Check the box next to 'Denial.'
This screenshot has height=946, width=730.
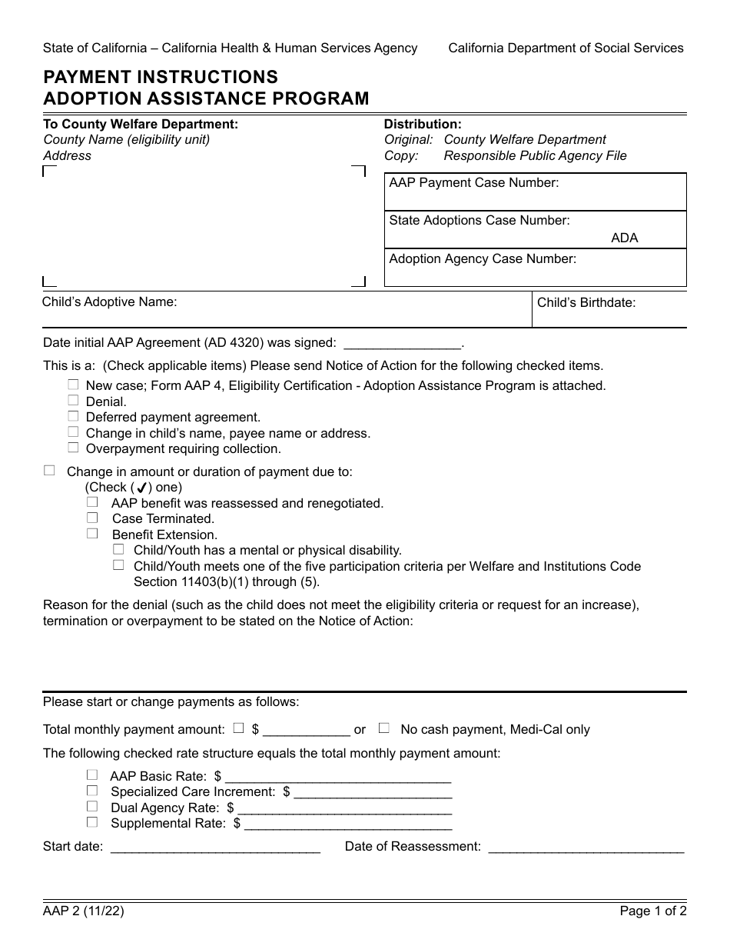click(x=73, y=401)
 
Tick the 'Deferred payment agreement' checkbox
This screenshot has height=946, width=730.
click(x=73, y=416)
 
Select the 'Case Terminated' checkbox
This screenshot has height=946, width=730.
click(x=92, y=518)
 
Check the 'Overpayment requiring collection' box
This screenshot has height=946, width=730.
click(x=73, y=448)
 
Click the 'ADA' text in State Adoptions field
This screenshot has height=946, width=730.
click(x=624, y=238)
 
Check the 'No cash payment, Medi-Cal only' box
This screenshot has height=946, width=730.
click(x=384, y=728)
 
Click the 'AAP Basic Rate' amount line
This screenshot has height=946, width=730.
click(x=337, y=776)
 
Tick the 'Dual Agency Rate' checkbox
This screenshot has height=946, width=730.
click(x=92, y=807)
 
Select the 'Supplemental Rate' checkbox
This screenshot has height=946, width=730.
click(x=92, y=822)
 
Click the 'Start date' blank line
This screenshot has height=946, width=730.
click(x=215, y=847)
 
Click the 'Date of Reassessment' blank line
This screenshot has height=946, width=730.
click(x=586, y=847)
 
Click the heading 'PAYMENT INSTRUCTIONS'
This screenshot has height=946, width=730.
click(x=161, y=77)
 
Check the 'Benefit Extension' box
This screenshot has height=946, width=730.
click(x=92, y=534)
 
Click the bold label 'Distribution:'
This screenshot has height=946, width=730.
click(x=423, y=124)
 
